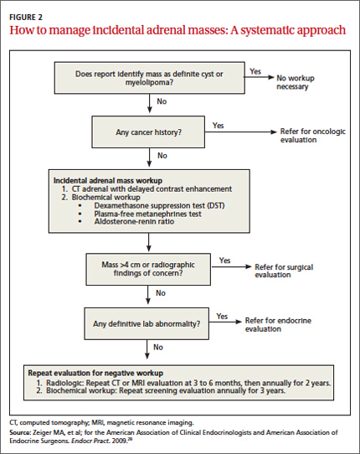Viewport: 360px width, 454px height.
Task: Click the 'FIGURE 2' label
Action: tap(26, 18)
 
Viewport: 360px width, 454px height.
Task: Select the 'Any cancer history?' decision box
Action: tap(148, 132)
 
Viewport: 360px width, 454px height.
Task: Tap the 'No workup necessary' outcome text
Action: tap(296, 82)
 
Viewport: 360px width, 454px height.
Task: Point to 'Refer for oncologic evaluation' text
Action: tap(313, 136)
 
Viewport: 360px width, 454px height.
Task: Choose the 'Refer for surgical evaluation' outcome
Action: tap(284, 271)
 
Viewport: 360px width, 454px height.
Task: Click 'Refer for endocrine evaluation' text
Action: tap(278, 324)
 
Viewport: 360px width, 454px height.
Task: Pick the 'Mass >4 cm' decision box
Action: tap(148, 269)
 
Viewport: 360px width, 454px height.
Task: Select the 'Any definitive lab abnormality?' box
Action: tap(147, 323)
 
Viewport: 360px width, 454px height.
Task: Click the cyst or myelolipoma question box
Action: tap(150, 78)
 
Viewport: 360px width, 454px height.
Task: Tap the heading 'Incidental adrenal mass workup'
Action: tap(108, 180)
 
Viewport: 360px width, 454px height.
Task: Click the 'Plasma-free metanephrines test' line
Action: tap(147, 214)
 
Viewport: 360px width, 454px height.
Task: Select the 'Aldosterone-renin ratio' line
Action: tap(134, 221)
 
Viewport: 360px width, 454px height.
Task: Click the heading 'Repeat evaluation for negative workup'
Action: tap(95, 373)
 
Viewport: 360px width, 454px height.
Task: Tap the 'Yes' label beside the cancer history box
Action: tap(218, 126)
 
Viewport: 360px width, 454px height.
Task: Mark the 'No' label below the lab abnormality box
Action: tap(158, 347)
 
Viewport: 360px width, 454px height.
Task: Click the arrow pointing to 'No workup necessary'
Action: tap(259, 77)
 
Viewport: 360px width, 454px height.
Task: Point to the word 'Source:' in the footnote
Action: tap(20, 432)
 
